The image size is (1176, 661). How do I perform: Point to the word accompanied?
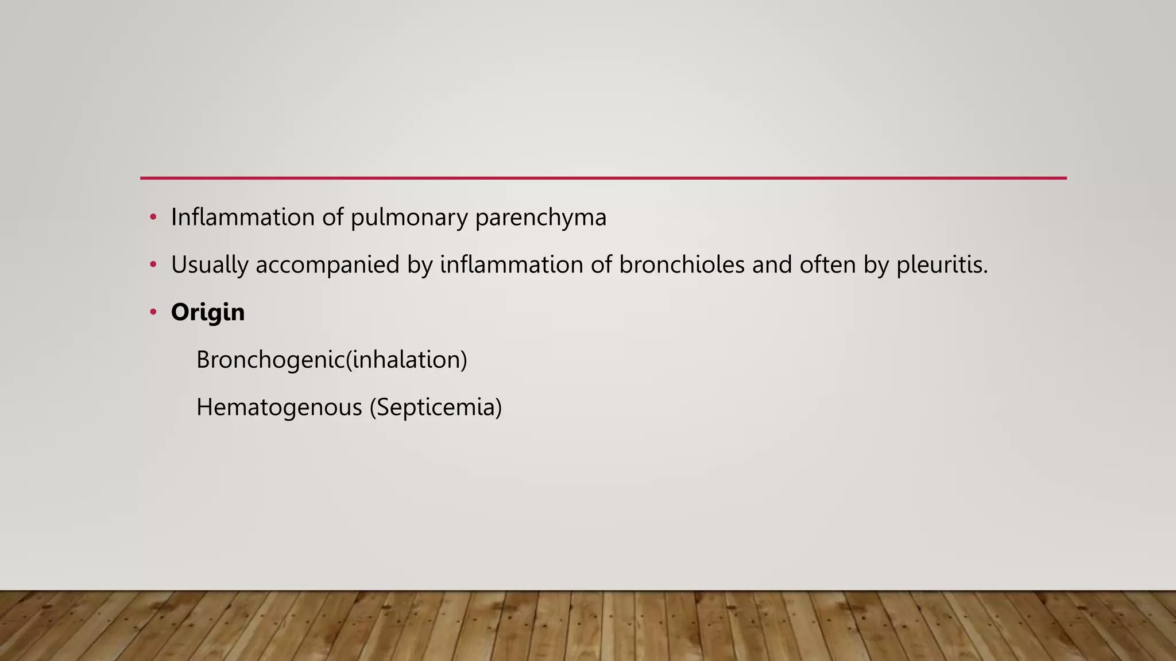point(327,266)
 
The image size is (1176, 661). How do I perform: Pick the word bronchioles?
point(682,265)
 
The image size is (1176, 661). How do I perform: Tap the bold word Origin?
point(208,313)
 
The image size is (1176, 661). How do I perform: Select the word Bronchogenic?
point(270,360)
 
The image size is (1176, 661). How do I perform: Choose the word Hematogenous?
point(279,408)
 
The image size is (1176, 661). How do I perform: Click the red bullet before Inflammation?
point(153,217)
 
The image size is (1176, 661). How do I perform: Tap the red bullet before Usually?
point(153,265)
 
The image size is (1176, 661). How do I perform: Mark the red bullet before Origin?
point(153,313)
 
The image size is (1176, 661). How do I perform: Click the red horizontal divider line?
point(603,178)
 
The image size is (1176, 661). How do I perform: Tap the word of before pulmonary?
point(332,217)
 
